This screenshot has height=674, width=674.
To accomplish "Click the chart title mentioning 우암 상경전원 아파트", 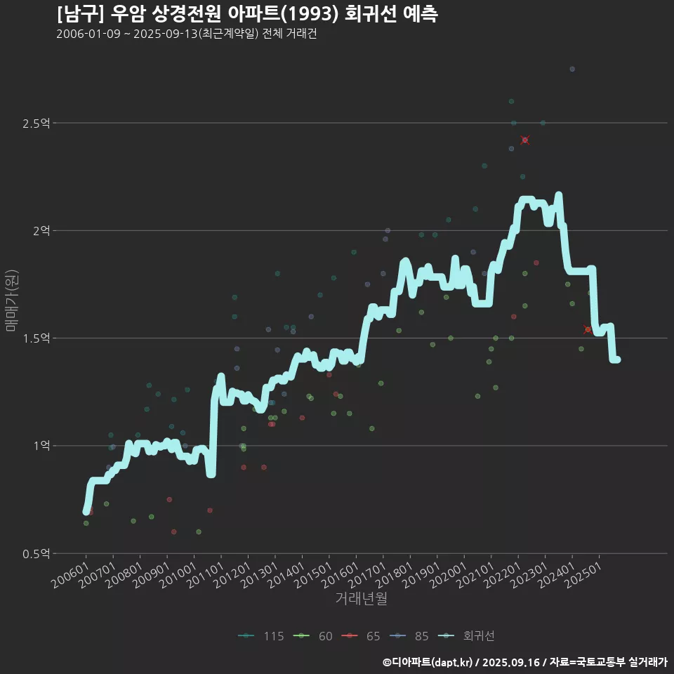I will click(247, 14).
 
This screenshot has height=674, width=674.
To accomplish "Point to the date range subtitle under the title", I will click(187, 34).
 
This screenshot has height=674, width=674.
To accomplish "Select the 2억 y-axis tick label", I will click(41, 231).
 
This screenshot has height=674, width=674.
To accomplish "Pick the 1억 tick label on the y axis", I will click(41, 446).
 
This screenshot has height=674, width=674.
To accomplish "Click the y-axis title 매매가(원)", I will click(11, 300).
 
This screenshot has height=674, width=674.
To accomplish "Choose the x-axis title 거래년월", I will click(361, 599).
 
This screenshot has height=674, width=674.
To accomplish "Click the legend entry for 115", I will click(273, 637).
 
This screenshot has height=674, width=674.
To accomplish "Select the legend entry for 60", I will click(325, 637).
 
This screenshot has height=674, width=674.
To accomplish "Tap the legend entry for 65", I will click(373, 637).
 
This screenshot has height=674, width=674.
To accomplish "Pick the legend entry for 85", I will click(421, 637).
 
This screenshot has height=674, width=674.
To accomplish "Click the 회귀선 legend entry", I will click(478, 637).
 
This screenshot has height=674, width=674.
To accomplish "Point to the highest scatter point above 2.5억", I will click(572, 69).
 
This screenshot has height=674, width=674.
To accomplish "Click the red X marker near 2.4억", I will click(524, 140).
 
